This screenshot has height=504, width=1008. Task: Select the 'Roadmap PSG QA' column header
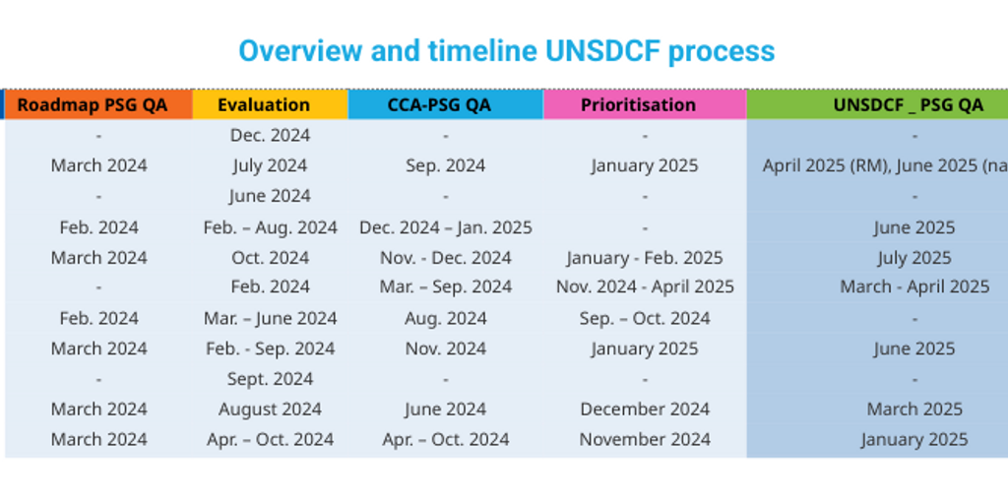(x=92, y=104)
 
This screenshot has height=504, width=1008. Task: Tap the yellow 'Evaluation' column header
(x=264, y=104)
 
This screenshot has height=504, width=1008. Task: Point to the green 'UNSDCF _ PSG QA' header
(x=908, y=104)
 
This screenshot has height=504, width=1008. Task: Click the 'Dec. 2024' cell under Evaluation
(x=270, y=135)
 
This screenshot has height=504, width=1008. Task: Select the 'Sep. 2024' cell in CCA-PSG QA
(x=445, y=165)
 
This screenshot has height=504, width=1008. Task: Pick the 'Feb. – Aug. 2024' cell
(x=270, y=227)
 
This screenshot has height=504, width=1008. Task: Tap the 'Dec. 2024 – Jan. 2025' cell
(x=445, y=227)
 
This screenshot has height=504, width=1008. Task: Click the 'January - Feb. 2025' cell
(x=645, y=258)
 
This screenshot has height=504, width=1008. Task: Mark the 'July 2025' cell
(x=914, y=258)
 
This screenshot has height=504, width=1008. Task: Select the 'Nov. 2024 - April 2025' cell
(x=645, y=286)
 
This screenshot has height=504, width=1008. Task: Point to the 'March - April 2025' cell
(x=914, y=286)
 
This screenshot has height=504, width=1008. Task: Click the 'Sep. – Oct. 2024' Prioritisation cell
(x=645, y=318)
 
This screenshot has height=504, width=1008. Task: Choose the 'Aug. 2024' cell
(x=445, y=318)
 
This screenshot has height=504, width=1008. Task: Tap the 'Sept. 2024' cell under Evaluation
(x=270, y=379)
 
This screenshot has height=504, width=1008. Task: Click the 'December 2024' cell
(x=645, y=409)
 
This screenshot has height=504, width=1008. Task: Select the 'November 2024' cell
(x=645, y=439)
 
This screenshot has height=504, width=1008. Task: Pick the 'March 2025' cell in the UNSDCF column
(x=914, y=409)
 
